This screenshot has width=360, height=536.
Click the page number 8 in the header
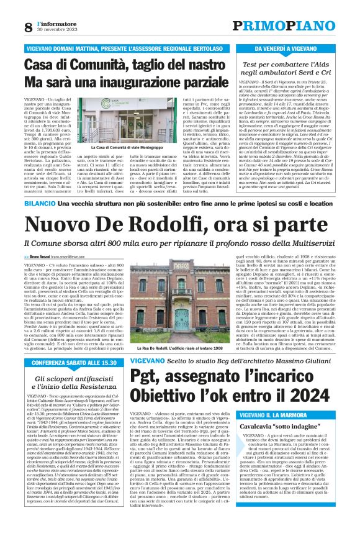pyautogui.click(x=28, y=27)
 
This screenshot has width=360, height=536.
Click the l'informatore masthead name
pyautogui.click(x=55, y=23)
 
